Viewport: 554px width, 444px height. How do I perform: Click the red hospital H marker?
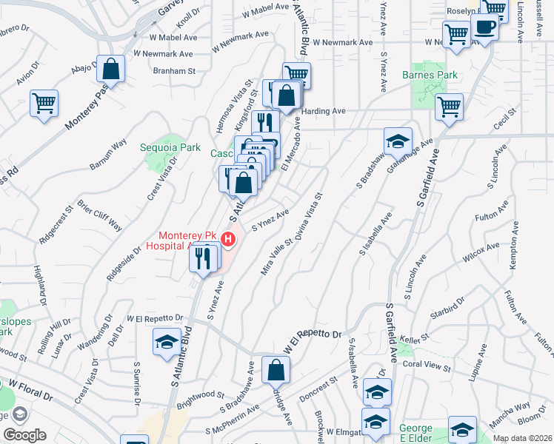click(229, 240)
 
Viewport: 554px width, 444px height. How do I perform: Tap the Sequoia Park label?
click(171, 147)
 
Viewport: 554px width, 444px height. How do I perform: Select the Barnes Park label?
click(430, 75)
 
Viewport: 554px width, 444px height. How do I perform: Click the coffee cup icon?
click(486, 27)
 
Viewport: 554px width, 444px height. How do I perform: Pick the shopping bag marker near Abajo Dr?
click(110, 70)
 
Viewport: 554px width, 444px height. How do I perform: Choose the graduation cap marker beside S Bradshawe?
click(398, 141)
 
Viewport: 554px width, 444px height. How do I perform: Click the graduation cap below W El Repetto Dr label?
click(167, 342)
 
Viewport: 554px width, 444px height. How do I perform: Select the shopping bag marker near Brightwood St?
click(276, 370)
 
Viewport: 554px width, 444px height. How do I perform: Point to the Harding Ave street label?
click(324, 111)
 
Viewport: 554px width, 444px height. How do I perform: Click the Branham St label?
click(173, 72)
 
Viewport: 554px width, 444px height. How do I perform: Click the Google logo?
click(24, 435)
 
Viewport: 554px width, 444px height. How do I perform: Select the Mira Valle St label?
click(277, 257)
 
